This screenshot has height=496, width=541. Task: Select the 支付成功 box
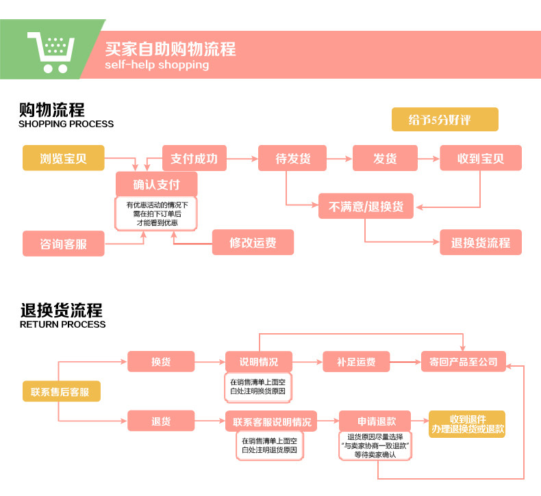[x=194, y=159]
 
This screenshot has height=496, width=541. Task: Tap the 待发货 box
[x=292, y=159]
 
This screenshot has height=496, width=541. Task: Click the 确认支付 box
[x=156, y=184]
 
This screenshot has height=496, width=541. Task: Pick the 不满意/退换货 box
[x=366, y=206]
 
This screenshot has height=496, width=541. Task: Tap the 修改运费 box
[x=253, y=242]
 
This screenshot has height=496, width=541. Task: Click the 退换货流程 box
[x=480, y=243]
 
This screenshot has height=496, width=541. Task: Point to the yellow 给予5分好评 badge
[x=444, y=120]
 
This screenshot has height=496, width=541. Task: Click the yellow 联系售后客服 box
[x=61, y=392]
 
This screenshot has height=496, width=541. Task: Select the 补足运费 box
[x=355, y=362]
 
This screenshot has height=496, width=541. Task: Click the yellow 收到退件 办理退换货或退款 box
[x=467, y=424]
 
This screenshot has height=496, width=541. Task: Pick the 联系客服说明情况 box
[x=273, y=421]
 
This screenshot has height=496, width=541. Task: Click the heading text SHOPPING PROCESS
[x=66, y=125]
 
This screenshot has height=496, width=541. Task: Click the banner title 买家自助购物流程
[x=170, y=49]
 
